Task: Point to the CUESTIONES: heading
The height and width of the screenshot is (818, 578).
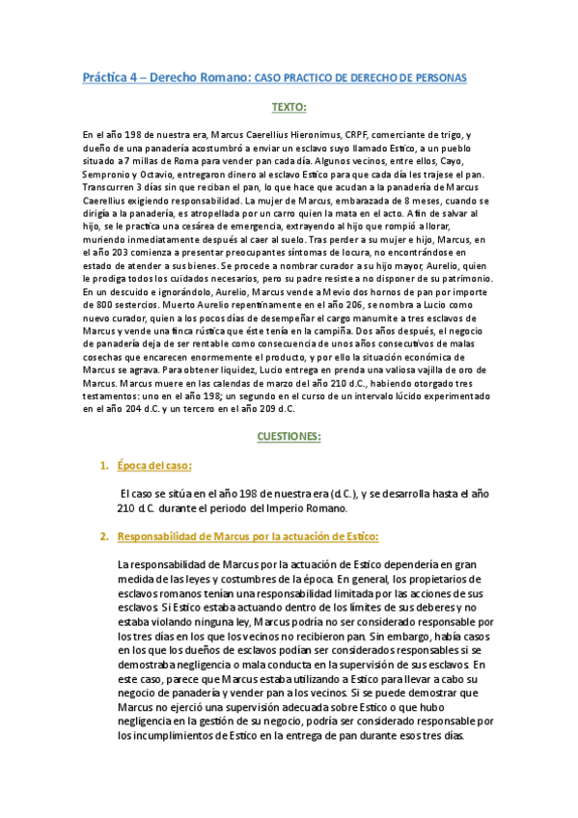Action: coord(289,436)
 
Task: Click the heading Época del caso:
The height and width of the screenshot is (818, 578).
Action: coord(153,467)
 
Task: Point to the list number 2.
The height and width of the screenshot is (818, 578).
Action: coord(103,535)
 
